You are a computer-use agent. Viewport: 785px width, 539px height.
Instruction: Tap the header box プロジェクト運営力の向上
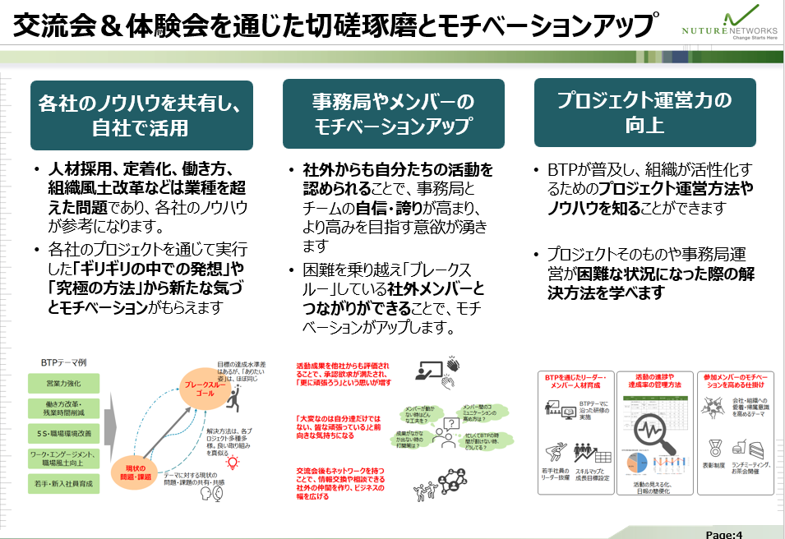[644, 113]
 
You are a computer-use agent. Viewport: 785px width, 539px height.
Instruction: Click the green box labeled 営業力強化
[63, 382]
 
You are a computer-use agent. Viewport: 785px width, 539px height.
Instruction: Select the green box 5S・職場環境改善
[63, 432]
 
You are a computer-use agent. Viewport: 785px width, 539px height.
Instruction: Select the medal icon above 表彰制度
[714, 449]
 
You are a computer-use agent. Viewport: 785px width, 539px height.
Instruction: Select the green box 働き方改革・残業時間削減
[63, 408]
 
